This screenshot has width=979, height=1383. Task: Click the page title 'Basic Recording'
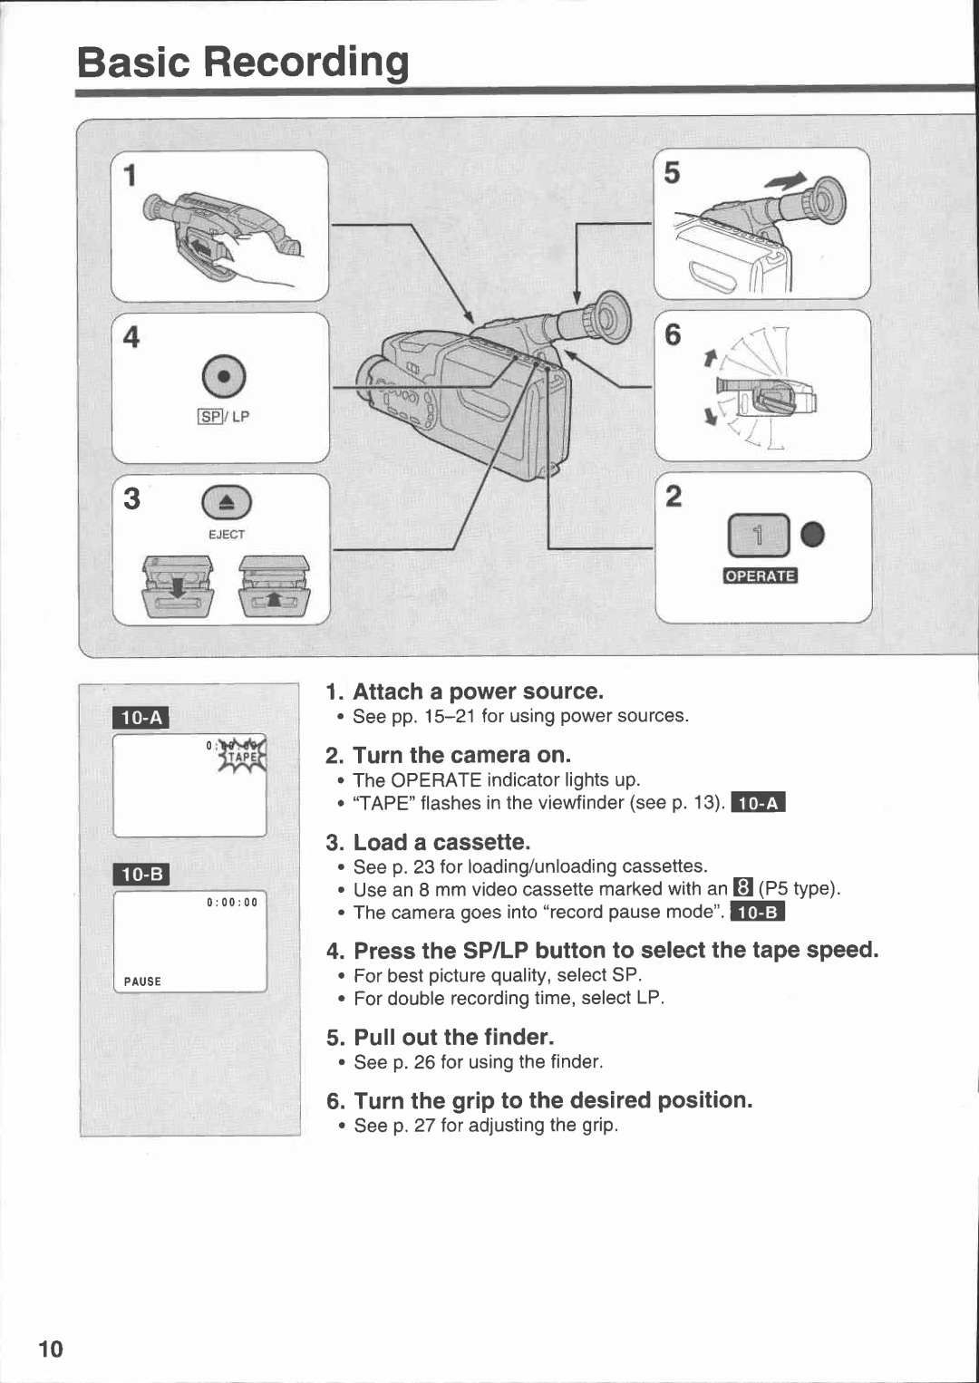pos(243,63)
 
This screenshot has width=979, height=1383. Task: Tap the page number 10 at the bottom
pos(51,1349)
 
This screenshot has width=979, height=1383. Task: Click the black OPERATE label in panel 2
pos(760,575)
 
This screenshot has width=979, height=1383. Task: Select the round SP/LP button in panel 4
pos(223,376)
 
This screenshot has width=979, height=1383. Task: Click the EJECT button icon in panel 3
pos(226,504)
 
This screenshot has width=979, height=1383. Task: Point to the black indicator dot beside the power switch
pos(813,535)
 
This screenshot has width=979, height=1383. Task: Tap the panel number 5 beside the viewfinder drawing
pos(672,173)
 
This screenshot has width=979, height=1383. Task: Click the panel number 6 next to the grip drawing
pos(673,335)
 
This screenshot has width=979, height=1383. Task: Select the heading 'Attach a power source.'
pos(478,691)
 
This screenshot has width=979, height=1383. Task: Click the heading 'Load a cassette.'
pos(441,842)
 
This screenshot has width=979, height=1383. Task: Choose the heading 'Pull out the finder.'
pos(453,1037)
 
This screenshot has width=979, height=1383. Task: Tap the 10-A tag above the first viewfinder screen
pos(141,718)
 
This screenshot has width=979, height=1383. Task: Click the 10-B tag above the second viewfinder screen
pos(141,874)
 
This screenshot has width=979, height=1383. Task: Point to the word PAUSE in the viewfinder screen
pos(142,982)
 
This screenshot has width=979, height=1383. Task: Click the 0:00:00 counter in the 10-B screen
pos(232,902)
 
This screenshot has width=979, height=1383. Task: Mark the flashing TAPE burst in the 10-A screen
pos(241,755)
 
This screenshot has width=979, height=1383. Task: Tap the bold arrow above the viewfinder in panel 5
pos(788,181)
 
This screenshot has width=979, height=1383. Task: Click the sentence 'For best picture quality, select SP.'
pos(498,975)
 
